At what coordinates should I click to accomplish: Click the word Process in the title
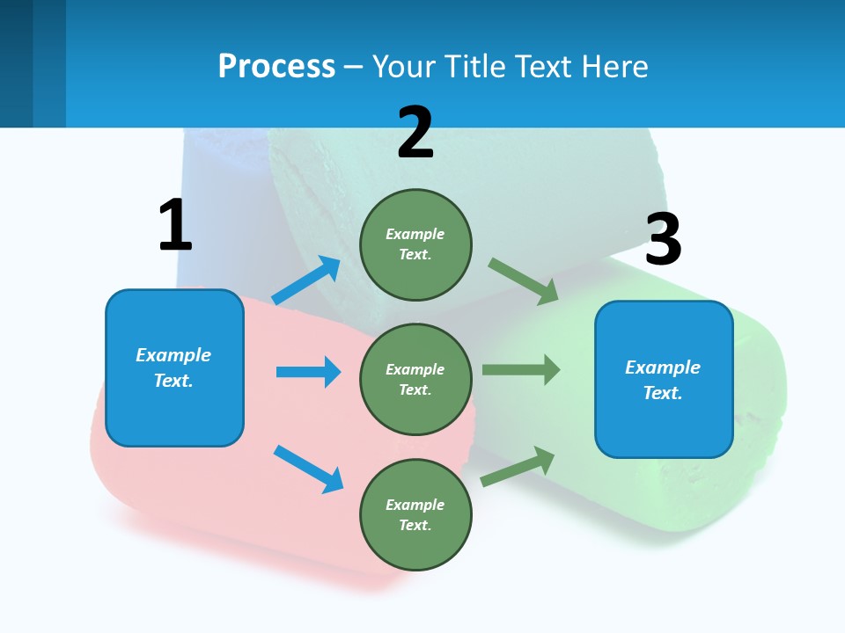[276, 66]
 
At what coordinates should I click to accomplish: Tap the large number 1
[175, 225]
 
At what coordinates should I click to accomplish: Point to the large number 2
[415, 133]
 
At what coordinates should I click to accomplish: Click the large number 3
[663, 240]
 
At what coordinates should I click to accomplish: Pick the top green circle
[415, 244]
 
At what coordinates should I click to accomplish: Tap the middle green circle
[415, 379]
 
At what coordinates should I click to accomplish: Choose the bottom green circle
[415, 514]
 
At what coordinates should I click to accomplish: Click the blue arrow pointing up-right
[306, 280]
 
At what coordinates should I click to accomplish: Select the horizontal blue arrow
[308, 372]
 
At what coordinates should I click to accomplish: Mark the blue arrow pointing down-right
[308, 469]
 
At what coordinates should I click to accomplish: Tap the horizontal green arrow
[521, 369]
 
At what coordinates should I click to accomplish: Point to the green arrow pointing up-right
[518, 467]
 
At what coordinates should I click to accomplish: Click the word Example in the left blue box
[173, 355]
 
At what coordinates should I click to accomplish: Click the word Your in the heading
[403, 66]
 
